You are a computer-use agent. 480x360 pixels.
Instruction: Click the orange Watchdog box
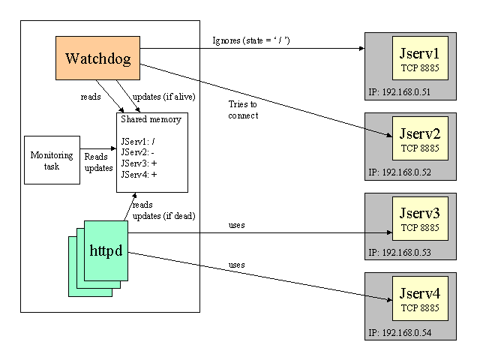pyautogui.click(x=97, y=58)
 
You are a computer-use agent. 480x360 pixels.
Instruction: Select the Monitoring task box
pyautogui.click(x=52, y=160)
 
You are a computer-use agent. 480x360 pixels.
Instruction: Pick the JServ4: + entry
pyautogui.click(x=139, y=174)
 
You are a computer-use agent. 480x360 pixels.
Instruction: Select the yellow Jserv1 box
pyautogui.click(x=420, y=60)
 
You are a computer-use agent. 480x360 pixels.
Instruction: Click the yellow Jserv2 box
pyautogui.click(x=420, y=140)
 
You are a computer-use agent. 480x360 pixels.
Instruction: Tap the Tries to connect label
pyautogui.click(x=244, y=110)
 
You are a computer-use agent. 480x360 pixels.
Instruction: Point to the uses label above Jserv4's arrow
pyautogui.click(x=237, y=265)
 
